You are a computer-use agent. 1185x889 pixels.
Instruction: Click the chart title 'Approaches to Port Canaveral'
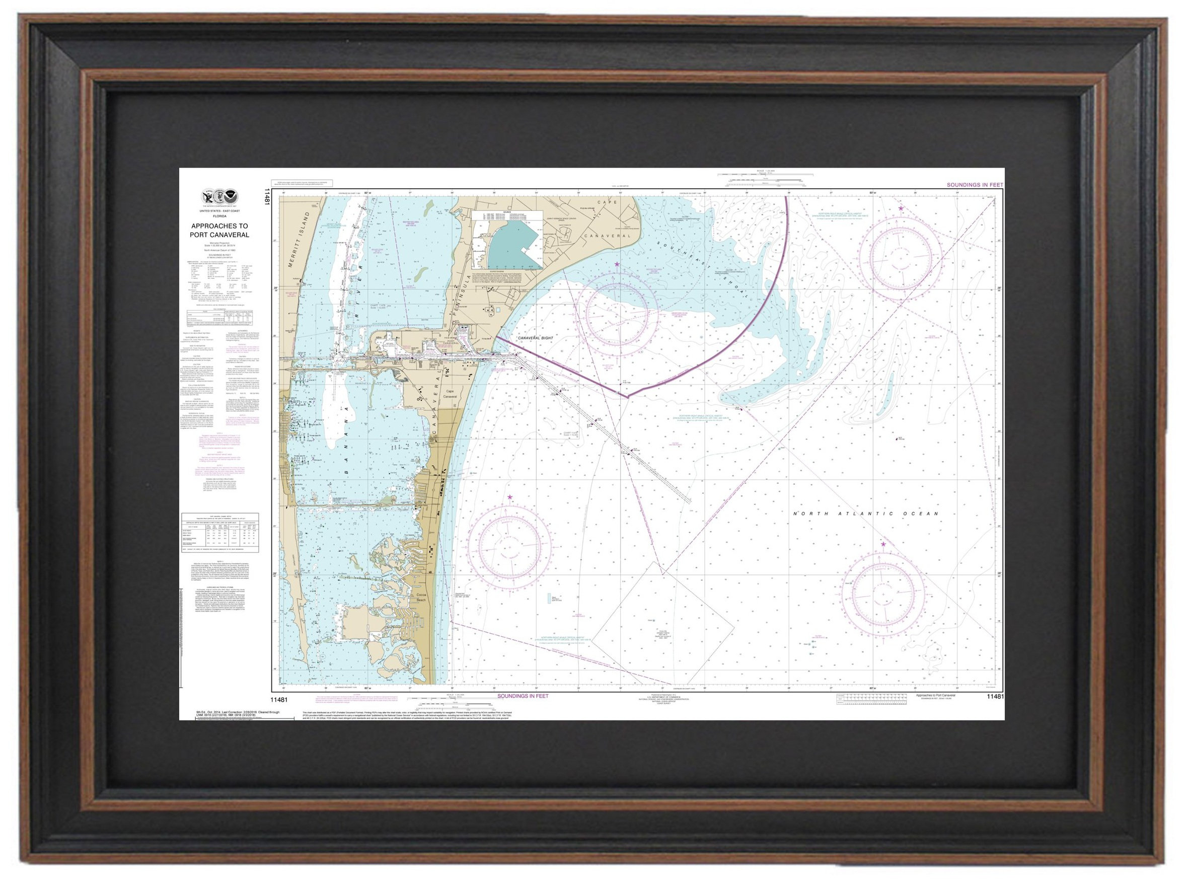click(x=219, y=231)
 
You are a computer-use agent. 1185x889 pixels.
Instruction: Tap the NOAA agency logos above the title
click(x=219, y=196)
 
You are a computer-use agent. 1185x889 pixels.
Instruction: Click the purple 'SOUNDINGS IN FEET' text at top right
click(x=975, y=185)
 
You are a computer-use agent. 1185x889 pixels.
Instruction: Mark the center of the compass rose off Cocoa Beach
click(x=510, y=545)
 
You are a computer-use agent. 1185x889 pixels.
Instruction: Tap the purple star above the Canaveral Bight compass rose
click(x=617, y=265)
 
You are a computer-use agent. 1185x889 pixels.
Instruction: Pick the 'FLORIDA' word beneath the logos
click(x=219, y=216)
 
